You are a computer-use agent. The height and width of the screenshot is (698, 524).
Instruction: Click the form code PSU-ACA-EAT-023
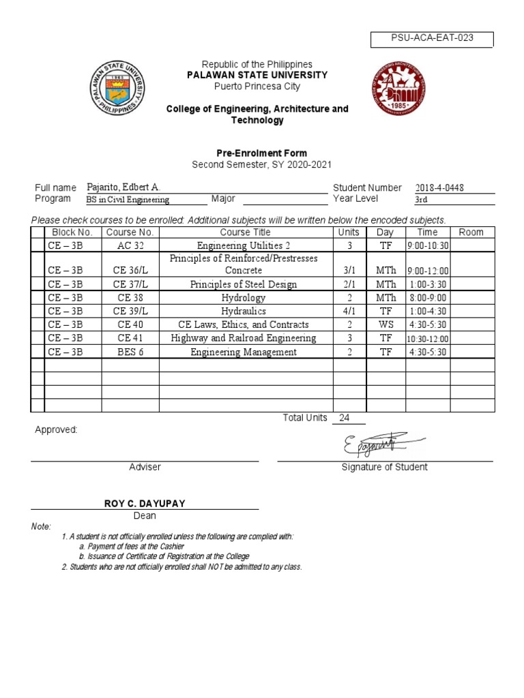click(x=431, y=39)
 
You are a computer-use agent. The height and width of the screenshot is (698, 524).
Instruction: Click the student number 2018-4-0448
click(x=445, y=188)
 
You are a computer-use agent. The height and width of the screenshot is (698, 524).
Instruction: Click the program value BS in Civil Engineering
click(x=128, y=200)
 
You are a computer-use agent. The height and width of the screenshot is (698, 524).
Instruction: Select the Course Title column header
click(x=246, y=232)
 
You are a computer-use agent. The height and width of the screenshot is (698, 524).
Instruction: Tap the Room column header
click(x=471, y=232)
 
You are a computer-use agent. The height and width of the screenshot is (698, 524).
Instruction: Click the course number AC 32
click(x=130, y=245)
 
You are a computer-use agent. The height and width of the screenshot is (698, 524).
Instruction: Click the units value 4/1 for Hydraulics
click(x=349, y=312)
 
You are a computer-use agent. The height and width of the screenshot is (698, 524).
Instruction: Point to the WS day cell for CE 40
click(x=386, y=325)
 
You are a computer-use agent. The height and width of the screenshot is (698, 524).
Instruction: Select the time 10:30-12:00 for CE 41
click(x=427, y=339)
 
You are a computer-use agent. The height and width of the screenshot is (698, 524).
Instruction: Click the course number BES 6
click(x=130, y=352)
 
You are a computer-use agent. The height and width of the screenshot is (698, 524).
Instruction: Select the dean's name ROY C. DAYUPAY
click(x=145, y=503)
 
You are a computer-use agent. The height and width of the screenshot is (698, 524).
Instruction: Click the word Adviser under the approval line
click(x=145, y=467)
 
